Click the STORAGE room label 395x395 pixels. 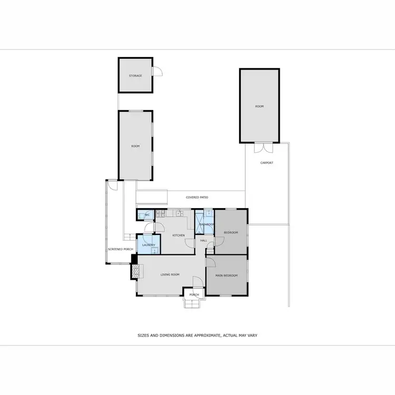coord(135,76)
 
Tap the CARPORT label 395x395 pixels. coord(267,163)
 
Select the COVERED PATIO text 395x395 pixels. coord(197,197)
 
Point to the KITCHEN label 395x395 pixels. coord(179,235)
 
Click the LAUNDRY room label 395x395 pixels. coord(147,245)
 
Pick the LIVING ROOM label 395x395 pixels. coord(170,274)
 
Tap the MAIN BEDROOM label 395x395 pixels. coord(226,275)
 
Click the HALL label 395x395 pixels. coord(203,241)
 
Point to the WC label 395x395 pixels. coord(147,215)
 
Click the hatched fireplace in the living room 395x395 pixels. coord(136,271)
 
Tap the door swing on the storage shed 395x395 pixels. coord(156,72)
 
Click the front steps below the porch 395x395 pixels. coord(191,303)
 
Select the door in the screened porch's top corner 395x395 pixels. coord(112,185)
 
